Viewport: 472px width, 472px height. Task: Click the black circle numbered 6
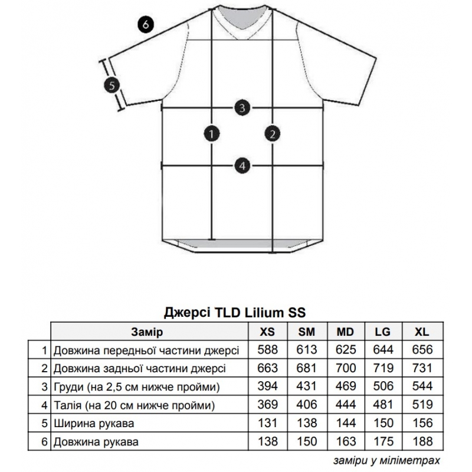point(146,24)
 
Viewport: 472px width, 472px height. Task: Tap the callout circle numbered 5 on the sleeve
point(112,86)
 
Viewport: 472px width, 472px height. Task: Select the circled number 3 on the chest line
point(242,108)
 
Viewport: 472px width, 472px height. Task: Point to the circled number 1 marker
point(212,134)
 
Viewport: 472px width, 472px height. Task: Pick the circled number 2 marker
point(273,134)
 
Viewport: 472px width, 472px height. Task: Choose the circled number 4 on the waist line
point(242,166)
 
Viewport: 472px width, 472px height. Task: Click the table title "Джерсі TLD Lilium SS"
point(235,313)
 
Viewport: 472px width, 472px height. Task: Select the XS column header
point(267,332)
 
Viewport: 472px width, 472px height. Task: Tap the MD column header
point(345,332)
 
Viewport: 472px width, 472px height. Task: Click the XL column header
point(422,332)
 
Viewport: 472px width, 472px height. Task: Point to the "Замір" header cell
point(147,332)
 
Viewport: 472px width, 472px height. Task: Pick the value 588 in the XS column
point(267,350)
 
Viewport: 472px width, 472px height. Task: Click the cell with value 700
point(346,368)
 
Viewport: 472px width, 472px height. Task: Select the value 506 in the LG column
point(383,386)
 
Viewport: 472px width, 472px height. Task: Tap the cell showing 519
point(422,405)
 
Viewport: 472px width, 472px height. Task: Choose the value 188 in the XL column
point(422,441)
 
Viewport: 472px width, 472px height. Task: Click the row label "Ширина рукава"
point(94,424)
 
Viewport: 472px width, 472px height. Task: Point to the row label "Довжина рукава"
point(96,442)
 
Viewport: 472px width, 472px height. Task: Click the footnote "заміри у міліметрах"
point(387,460)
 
